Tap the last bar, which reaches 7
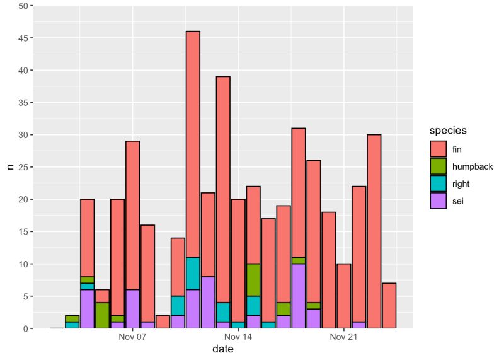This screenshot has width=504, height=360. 389,305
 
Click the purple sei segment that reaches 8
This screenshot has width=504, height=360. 208,302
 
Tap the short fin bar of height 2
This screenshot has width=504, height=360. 163,322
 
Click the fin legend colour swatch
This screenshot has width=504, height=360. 438,149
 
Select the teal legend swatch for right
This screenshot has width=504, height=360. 438,183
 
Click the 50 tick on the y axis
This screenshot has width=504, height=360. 22,6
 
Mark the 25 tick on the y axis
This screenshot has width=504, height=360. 22,167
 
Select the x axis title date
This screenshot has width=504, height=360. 224,350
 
